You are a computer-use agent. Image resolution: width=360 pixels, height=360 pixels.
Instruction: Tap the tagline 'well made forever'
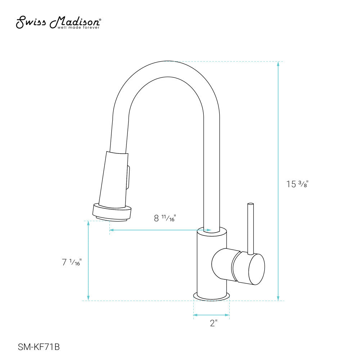click(78, 28)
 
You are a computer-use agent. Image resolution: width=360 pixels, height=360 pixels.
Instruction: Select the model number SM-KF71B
click(39, 347)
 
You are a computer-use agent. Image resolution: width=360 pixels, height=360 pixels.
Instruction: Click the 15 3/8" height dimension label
click(297, 184)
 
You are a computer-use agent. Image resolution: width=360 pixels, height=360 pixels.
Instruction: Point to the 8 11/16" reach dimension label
click(165, 218)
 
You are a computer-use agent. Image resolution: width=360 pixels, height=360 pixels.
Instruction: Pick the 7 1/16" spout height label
click(72, 262)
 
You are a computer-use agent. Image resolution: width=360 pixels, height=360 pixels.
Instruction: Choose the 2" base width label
click(213, 323)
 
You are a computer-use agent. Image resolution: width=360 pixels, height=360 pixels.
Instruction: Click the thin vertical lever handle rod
click(251, 229)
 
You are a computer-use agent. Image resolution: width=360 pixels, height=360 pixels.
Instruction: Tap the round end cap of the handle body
click(257, 269)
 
